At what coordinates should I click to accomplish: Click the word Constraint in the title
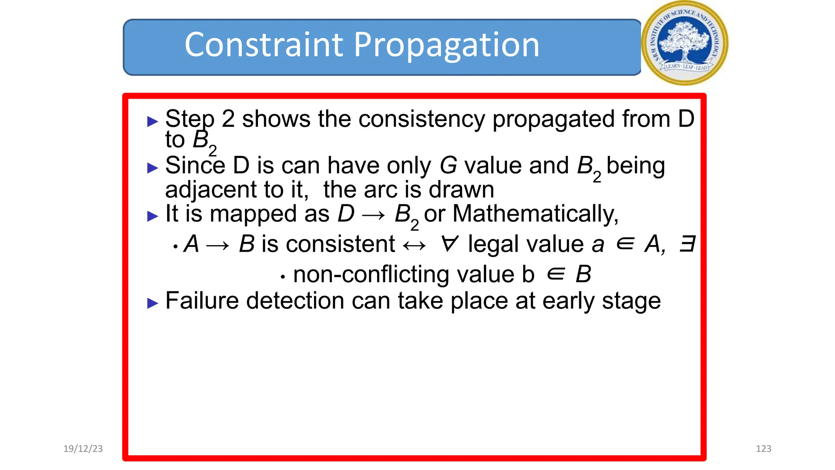point(264,45)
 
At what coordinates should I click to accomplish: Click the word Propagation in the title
point(446,46)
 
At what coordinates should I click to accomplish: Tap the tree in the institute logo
point(684,41)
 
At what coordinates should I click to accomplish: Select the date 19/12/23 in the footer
point(83,449)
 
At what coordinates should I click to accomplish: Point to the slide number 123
point(763,449)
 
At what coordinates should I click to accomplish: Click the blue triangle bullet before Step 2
point(152,121)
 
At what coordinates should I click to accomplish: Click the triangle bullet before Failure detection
point(152,303)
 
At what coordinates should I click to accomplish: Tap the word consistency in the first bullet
point(422,119)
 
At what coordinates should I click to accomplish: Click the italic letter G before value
point(448,166)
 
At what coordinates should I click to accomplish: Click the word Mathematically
point(535,214)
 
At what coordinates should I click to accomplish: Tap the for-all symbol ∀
point(450,244)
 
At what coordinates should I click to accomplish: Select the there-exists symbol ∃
point(687,244)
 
